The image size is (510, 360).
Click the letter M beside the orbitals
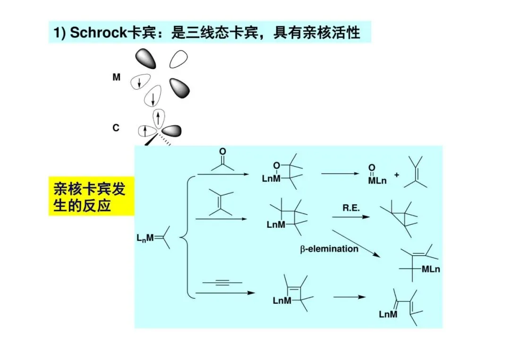coord(116,77)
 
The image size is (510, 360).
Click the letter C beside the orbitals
coord(116,128)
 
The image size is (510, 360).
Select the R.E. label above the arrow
coord(351,208)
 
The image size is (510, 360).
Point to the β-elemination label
coord(330,248)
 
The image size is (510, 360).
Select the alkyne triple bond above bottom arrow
coord(222,283)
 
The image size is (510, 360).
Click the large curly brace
coord(185,237)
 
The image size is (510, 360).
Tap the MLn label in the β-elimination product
coord(430,269)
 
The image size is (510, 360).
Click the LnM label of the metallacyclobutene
coord(282,301)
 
